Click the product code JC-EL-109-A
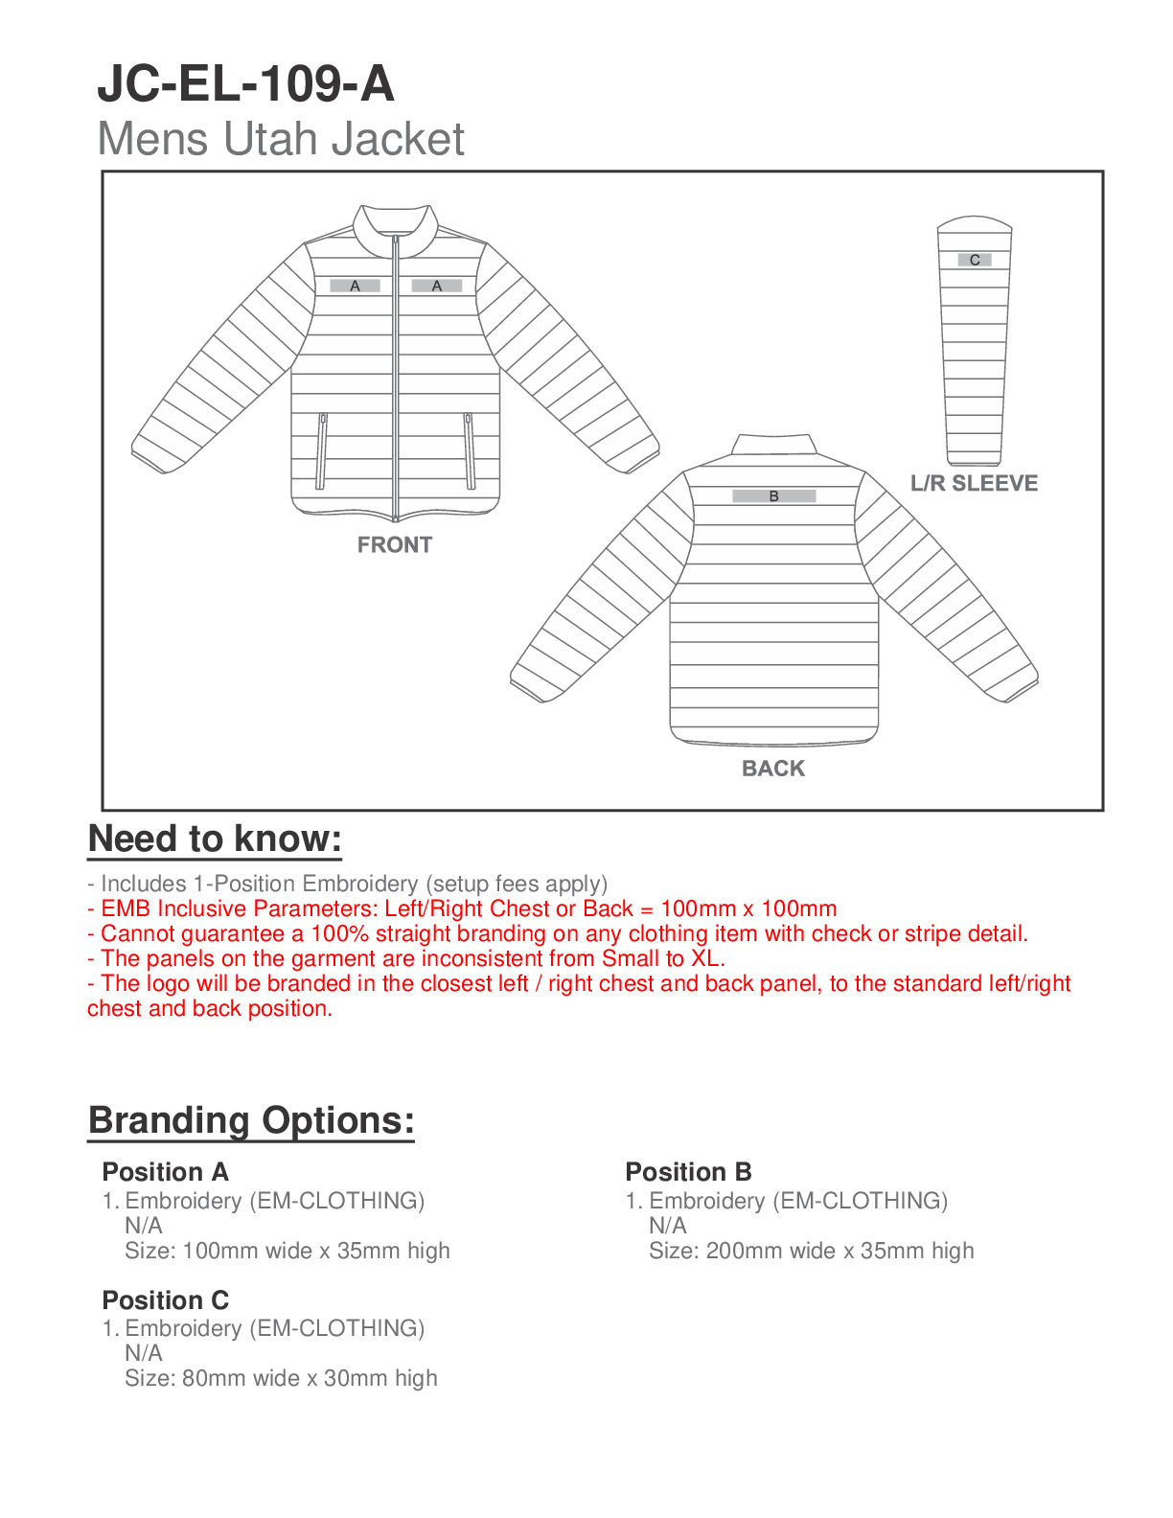(245, 83)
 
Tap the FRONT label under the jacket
(395, 544)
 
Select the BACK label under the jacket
(773, 768)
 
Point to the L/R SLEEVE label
(974, 483)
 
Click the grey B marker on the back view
(773, 496)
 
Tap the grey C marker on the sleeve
(975, 260)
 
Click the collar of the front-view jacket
(395, 226)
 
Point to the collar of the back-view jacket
(774, 445)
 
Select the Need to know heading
(215, 839)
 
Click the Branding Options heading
(251, 1119)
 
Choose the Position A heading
(165, 1171)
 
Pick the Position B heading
(688, 1171)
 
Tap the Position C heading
(165, 1299)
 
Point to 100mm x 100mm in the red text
(748, 908)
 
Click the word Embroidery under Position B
(707, 1201)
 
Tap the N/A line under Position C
(144, 1353)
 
